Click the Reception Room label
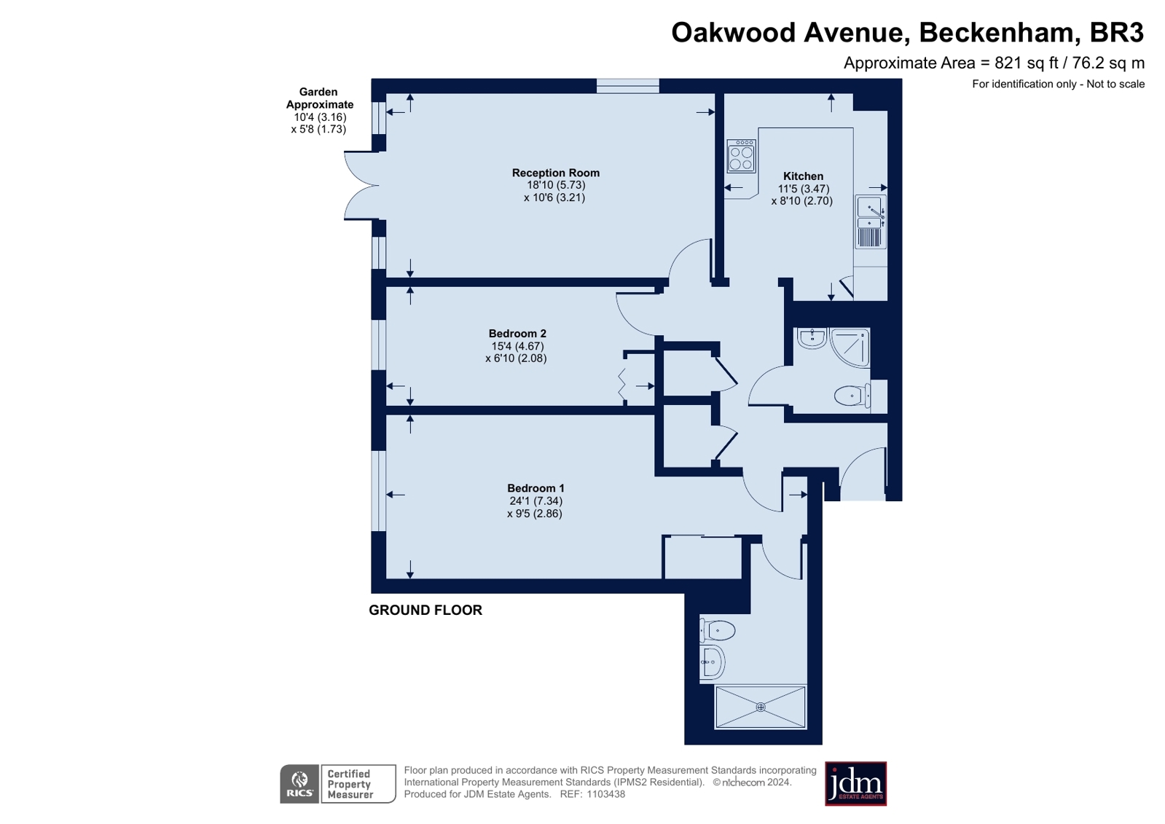[x=555, y=173]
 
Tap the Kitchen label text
[x=803, y=176]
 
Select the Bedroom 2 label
[x=517, y=334]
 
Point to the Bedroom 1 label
[x=536, y=488]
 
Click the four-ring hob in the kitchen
[x=741, y=155]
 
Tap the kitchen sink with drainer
[x=871, y=221]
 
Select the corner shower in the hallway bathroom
[x=850, y=347]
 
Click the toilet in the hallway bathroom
[x=853, y=396]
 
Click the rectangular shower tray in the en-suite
[x=761, y=707]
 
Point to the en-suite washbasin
[x=712, y=662]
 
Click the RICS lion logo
[x=299, y=783]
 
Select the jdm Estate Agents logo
[x=855, y=783]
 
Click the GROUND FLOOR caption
[x=425, y=611]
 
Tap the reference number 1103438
[x=606, y=794]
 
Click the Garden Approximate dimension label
[x=319, y=110]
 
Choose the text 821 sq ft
[x=1027, y=63]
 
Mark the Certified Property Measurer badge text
[x=350, y=784]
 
